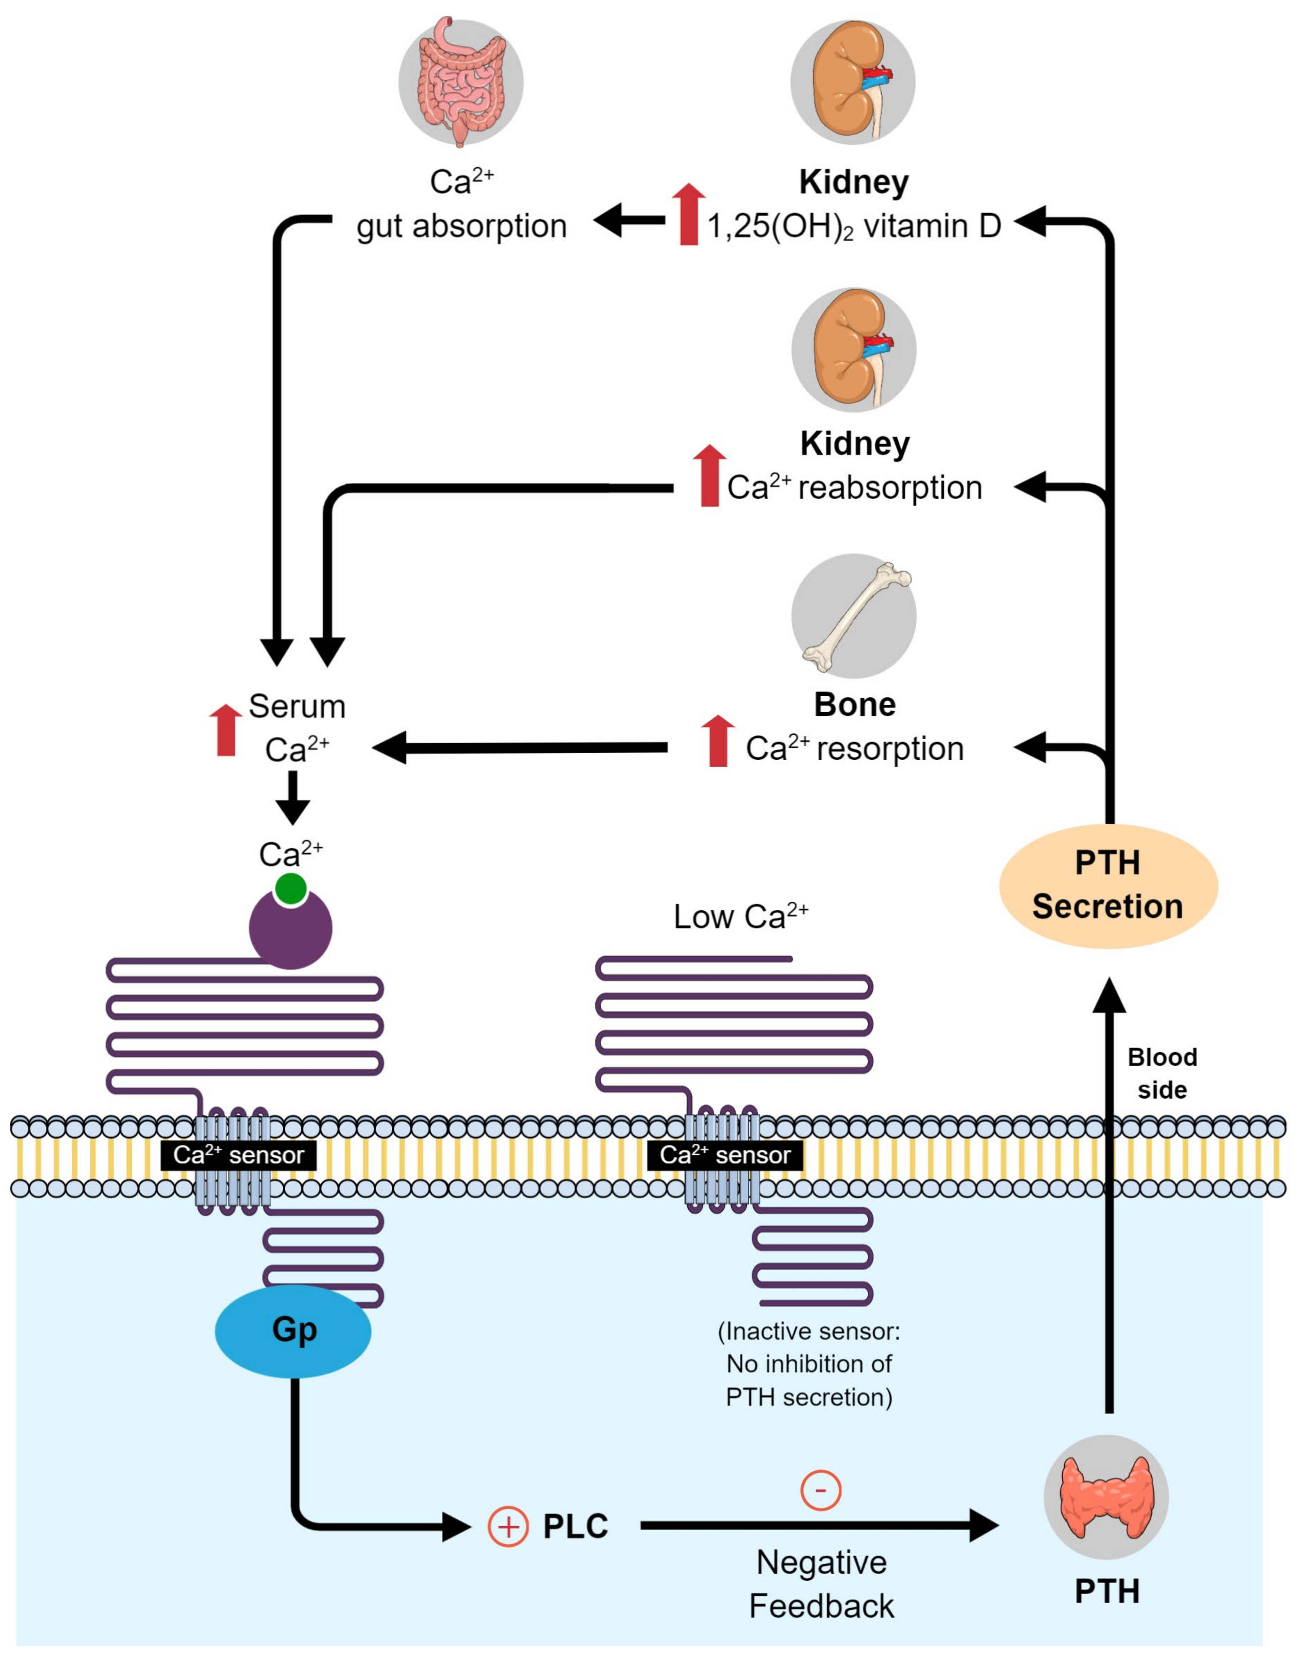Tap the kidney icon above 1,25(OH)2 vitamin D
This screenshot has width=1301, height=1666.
tap(853, 82)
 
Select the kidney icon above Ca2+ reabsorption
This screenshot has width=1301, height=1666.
tap(853, 349)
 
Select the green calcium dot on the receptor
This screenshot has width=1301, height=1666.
tap(291, 889)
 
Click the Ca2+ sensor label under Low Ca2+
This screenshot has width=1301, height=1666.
tap(725, 1155)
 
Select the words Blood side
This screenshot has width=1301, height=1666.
tap(1162, 1073)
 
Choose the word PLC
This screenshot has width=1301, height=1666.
tap(575, 1526)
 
